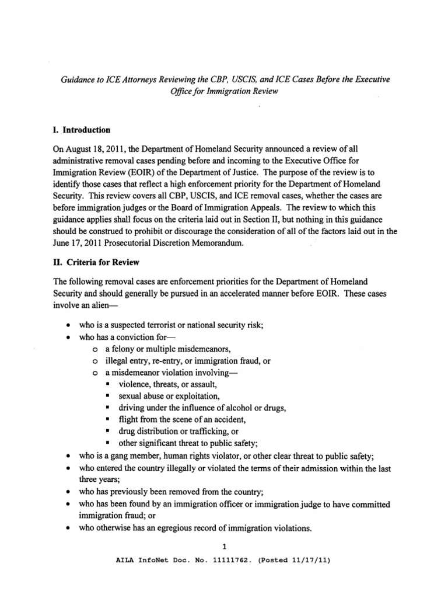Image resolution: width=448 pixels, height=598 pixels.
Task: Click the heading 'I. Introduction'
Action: pyautogui.click(x=82, y=130)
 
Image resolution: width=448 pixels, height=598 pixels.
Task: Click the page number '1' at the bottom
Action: pyautogui.click(x=223, y=547)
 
